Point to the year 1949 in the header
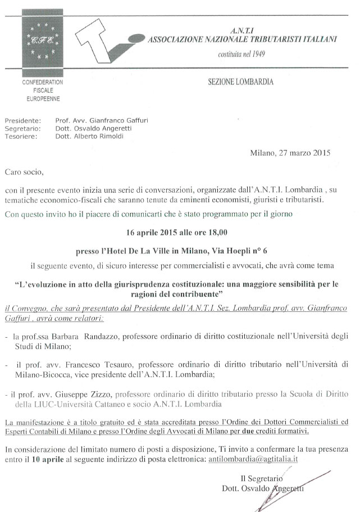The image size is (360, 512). click(x=256, y=55)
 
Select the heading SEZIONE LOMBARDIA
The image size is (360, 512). click(x=240, y=82)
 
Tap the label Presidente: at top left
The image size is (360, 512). click(x=23, y=120)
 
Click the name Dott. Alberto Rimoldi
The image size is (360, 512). click(x=90, y=136)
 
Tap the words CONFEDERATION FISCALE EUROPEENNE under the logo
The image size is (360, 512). click(x=43, y=90)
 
